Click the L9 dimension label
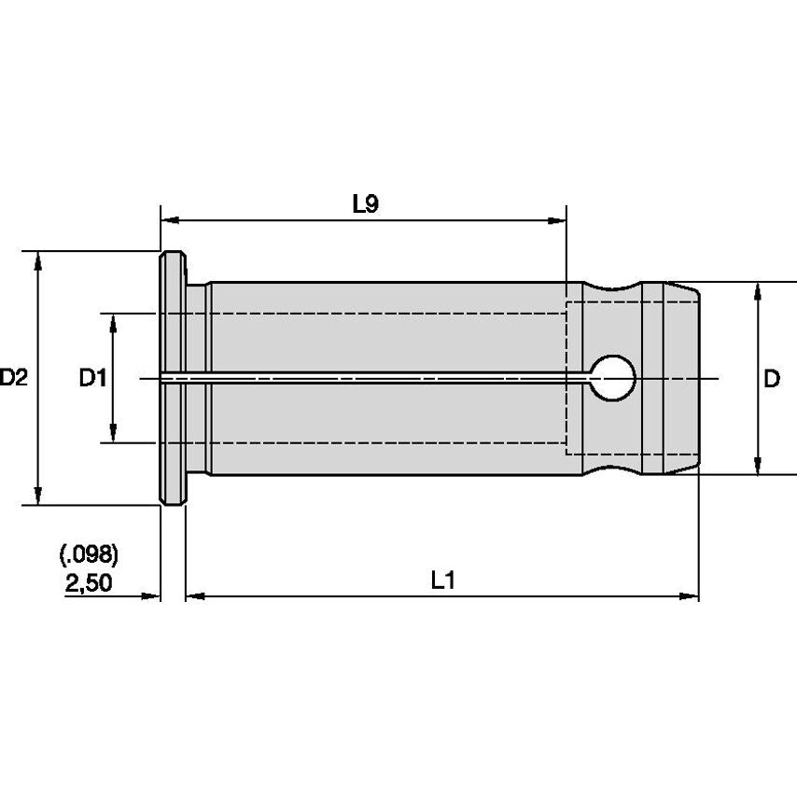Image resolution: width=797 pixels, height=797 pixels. pyautogui.click(x=365, y=204)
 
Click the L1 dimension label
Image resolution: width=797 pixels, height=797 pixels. pyautogui.click(x=442, y=580)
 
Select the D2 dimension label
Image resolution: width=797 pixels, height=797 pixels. pyautogui.click(x=15, y=379)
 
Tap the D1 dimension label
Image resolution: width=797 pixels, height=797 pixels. pyautogui.click(x=92, y=379)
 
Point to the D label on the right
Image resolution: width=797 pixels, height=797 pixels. pyautogui.click(x=772, y=379)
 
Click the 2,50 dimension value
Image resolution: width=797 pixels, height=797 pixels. pyautogui.click(x=90, y=583)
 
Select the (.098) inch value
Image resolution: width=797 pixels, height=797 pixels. pyautogui.click(x=90, y=556)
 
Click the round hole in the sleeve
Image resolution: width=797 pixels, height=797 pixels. pyautogui.click(x=614, y=378)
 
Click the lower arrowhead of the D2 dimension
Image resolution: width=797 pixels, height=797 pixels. pyautogui.click(x=38, y=496)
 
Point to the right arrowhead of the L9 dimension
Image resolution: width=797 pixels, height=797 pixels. pyautogui.click(x=557, y=221)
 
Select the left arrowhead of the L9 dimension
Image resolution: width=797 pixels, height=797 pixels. pyautogui.click(x=170, y=221)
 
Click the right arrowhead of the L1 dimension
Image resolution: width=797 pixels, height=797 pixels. pyautogui.click(x=690, y=595)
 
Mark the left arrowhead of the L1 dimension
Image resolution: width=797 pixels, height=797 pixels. pyautogui.click(x=195, y=595)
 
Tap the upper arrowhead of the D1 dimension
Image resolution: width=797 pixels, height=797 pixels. pyautogui.click(x=114, y=322)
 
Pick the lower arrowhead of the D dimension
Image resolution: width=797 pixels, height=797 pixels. pyautogui.click(x=757, y=466)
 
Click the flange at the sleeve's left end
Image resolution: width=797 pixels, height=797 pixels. pyautogui.click(x=172, y=378)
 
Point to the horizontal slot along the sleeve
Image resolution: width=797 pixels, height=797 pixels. pyautogui.click(x=373, y=378)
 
